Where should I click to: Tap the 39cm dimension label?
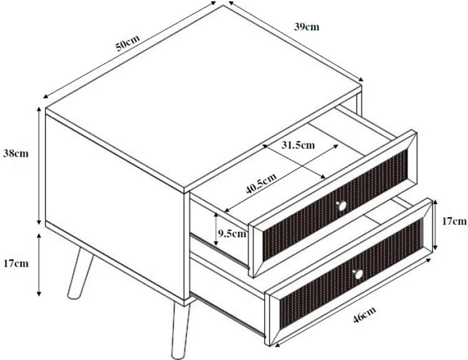click(x=306, y=27)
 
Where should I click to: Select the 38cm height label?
click(x=16, y=153)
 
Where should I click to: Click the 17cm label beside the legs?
click(x=16, y=263)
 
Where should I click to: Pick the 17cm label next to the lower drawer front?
click(x=454, y=221)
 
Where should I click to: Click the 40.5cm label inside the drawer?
click(x=261, y=183)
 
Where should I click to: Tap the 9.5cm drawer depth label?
click(x=232, y=233)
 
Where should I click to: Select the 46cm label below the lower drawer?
click(x=364, y=314)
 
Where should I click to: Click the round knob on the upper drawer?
click(x=341, y=206)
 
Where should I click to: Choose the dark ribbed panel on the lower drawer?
click(x=351, y=273)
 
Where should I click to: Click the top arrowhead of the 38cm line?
click(x=39, y=109)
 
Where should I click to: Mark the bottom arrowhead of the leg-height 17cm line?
click(x=39, y=293)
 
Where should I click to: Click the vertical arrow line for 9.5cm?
click(x=216, y=229)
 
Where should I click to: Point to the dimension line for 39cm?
click(x=296, y=41)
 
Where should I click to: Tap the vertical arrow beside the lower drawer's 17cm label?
click(x=435, y=225)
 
